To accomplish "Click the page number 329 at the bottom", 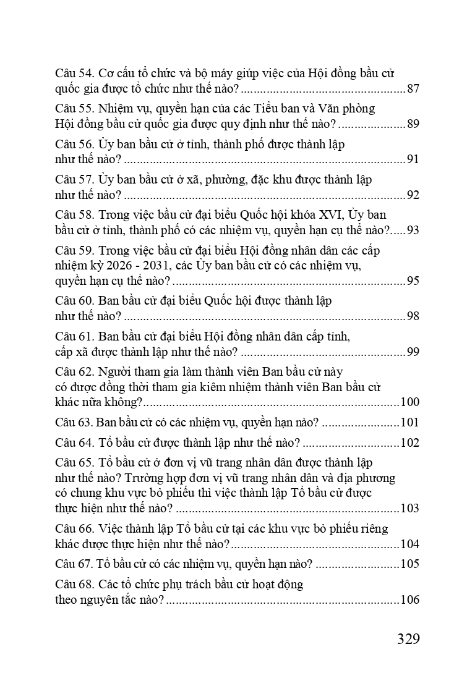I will [x=408, y=638].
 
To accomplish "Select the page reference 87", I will [x=413, y=89].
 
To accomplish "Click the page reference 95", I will [x=413, y=281].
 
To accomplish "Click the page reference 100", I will [x=409, y=402].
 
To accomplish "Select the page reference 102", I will [x=409, y=443].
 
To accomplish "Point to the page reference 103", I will [x=409, y=509].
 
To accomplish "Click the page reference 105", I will [x=409, y=564].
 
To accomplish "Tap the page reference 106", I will [x=409, y=599].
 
